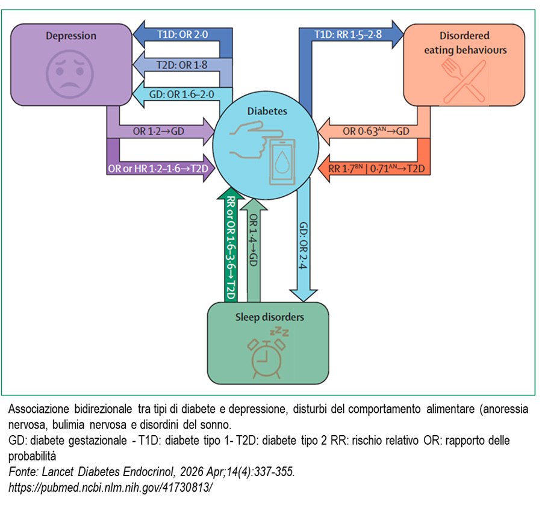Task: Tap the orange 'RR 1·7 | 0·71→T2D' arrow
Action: click(x=375, y=169)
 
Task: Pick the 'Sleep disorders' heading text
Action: click(x=269, y=317)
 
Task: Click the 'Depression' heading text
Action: click(x=71, y=36)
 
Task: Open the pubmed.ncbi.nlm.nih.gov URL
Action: click(x=111, y=486)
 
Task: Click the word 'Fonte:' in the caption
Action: click(x=23, y=472)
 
